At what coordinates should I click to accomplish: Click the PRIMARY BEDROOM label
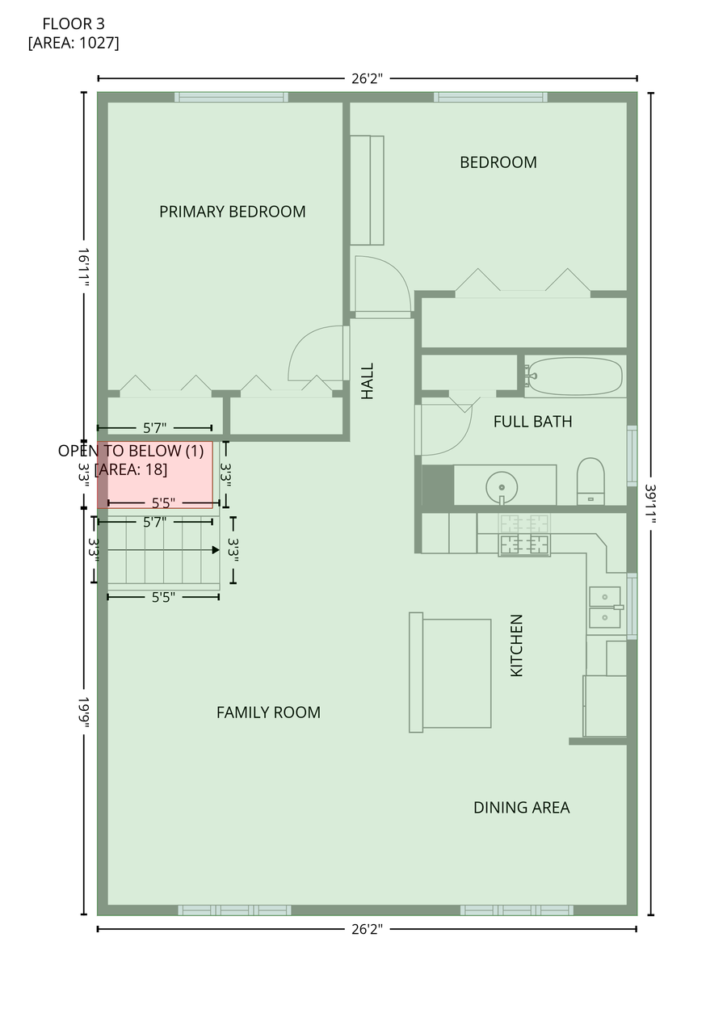tap(232, 212)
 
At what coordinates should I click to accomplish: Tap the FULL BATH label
tap(532, 422)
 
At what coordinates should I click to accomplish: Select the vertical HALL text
tap(367, 380)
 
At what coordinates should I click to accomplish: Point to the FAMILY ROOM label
tap(268, 712)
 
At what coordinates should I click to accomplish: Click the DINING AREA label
tap(522, 807)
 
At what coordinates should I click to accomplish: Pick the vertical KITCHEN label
tap(516, 645)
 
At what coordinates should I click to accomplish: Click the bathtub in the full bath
tap(575, 376)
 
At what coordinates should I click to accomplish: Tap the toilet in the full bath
tap(590, 481)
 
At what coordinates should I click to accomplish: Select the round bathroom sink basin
tap(502, 487)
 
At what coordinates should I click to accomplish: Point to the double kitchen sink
tap(605, 607)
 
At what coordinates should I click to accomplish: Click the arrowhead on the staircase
tap(216, 550)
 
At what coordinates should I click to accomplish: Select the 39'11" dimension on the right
tap(650, 503)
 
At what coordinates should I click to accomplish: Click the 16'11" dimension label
tap(83, 267)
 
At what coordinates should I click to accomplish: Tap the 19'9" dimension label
tap(83, 712)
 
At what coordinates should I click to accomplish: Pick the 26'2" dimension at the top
tap(367, 78)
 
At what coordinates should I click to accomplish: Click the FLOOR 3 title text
tap(74, 23)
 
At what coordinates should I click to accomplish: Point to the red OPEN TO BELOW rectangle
tap(155, 475)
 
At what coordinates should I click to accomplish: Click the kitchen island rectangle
tap(451, 673)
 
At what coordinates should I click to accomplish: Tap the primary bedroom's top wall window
tap(231, 97)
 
